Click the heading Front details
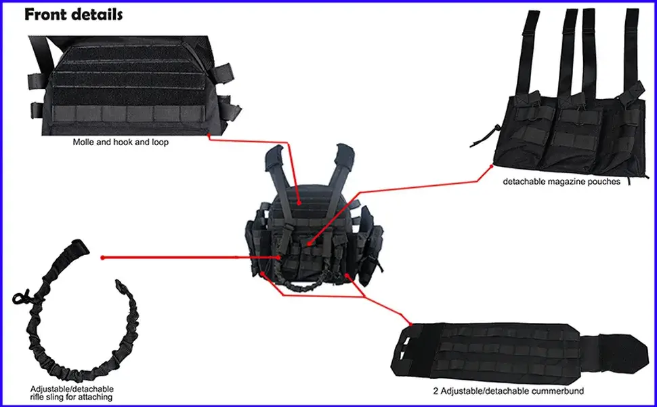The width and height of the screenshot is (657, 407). [74, 14]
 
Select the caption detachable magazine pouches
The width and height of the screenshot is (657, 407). [561, 182]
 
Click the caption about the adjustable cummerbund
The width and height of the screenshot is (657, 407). [508, 391]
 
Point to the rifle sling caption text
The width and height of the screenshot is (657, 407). [71, 393]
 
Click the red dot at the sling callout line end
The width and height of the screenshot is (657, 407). [102, 257]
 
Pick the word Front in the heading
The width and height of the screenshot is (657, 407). [47, 14]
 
